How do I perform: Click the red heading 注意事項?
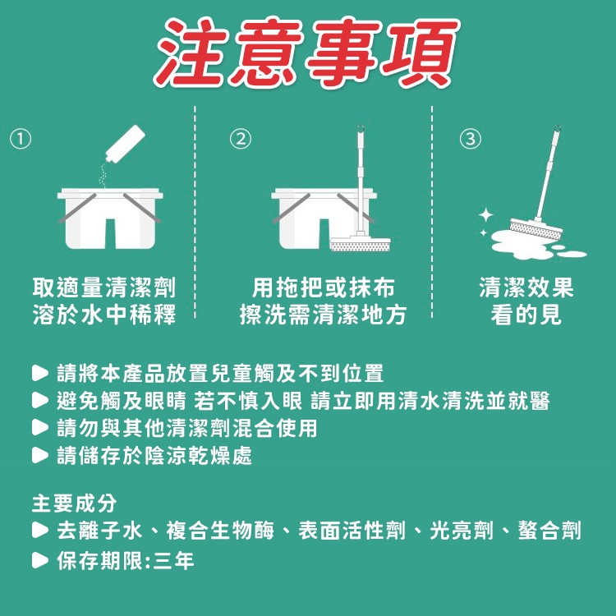pos(307,53)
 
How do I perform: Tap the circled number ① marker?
pos(21,139)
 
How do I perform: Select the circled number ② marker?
pos(241,139)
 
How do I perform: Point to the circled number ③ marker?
pos(471,139)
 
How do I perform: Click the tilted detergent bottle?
pos(126,144)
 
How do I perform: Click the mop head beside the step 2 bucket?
pos(361,244)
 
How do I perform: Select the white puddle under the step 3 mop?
pos(535,246)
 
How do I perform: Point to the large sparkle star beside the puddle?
pos(486,215)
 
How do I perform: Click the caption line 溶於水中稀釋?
pos(104,315)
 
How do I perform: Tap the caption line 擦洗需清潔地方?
pos(323,315)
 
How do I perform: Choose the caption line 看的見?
pos(526,315)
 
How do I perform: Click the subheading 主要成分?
pos(74,503)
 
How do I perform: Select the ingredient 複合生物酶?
pos(220,531)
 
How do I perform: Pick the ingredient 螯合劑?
pos(549,531)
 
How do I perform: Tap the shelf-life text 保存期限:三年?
pos(126,560)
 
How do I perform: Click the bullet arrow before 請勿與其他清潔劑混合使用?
pos(39,428)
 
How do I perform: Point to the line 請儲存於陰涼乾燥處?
pos(154,455)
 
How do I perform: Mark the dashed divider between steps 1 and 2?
pos(195,212)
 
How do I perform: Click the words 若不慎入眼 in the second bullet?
pos(248,401)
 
